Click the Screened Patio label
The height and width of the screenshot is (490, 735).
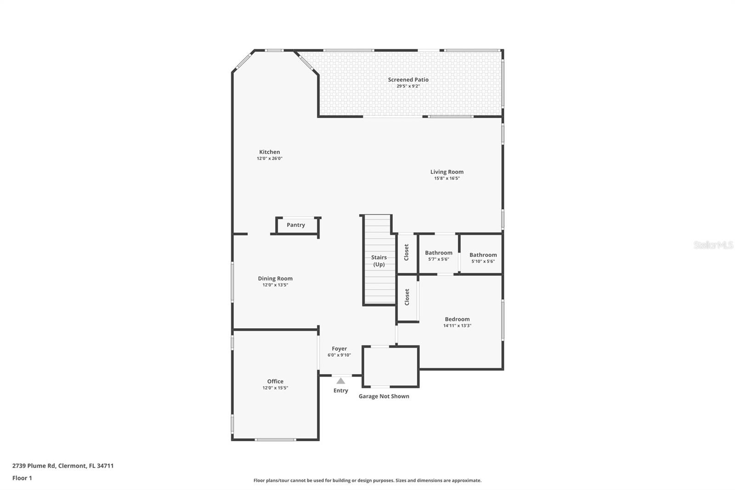pyautogui.click(x=408, y=80)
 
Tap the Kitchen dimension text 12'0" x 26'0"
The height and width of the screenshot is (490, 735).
pyautogui.click(x=269, y=158)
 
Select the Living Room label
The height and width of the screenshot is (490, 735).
pyautogui.click(x=447, y=172)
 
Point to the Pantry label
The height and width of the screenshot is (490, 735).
pyautogui.click(x=296, y=225)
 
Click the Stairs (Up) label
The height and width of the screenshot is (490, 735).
pyautogui.click(x=379, y=261)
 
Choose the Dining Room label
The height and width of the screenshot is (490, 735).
pyautogui.click(x=275, y=279)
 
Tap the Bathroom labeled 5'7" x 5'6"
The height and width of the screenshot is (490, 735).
pyautogui.click(x=439, y=253)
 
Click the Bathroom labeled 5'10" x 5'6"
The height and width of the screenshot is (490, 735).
pyautogui.click(x=483, y=255)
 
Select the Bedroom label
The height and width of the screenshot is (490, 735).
pyautogui.click(x=457, y=319)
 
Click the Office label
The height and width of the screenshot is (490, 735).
pyautogui.click(x=275, y=382)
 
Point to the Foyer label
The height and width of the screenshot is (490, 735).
pyautogui.click(x=339, y=349)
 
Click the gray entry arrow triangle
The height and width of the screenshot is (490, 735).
pyautogui.click(x=340, y=381)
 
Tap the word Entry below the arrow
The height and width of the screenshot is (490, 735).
pyautogui.click(x=340, y=391)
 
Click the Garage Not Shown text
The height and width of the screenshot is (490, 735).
pyautogui.click(x=384, y=396)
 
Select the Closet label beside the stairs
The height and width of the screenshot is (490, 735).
pyautogui.click(x=406, y=252)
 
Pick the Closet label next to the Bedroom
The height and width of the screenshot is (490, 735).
pyautogui.click(x=407, y=297)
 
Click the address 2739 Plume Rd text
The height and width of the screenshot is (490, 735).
pyautogui.click(x=34, y=466)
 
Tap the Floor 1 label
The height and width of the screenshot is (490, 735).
pyautogui.click(x=22, y=478)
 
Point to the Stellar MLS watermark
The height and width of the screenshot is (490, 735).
pyautogui.click(x=713, y=245)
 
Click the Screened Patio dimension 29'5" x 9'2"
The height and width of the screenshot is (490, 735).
pyautogui.click(x=408, y=86)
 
